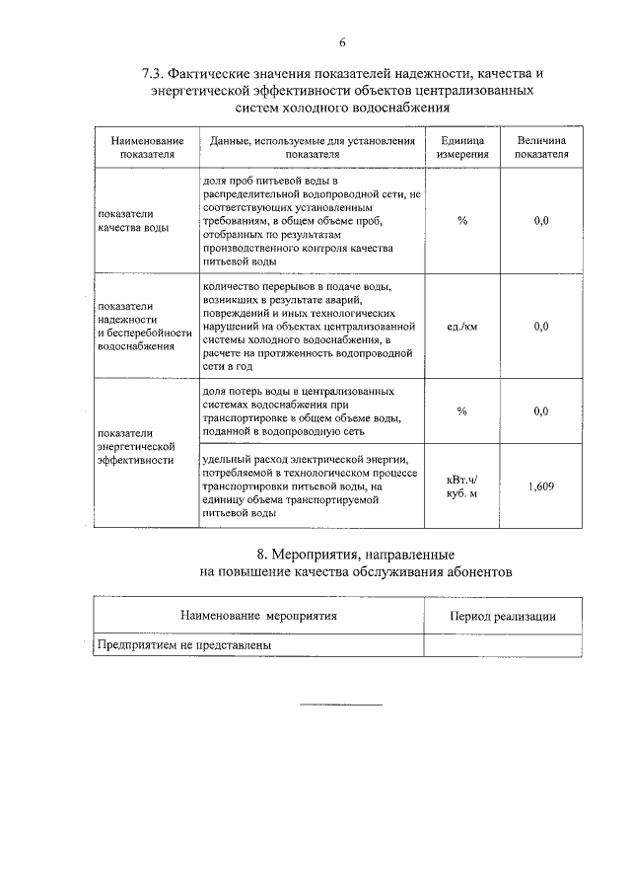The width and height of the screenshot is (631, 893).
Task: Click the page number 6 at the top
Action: click(x=342, y=42)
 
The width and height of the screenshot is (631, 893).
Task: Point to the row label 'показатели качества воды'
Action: click(x=126, y=221)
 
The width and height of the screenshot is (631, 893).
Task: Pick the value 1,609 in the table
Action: click(x=541, y=486)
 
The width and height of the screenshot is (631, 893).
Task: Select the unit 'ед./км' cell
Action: click(x=461, y=326)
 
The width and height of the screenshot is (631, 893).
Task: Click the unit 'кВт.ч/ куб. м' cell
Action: click(x=461, y=486)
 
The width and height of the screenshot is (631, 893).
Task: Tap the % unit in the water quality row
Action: click(x=461, y=221)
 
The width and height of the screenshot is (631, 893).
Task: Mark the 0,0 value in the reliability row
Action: click(x=541, y=326)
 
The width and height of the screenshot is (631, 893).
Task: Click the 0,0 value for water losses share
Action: click(x=541, y=411)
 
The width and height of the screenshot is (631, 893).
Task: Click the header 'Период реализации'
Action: click(x=502, y=616)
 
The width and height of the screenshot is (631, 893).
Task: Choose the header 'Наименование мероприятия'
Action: click(x=258, y=616)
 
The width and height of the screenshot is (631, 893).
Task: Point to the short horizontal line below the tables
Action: click(x=340, y=704)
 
